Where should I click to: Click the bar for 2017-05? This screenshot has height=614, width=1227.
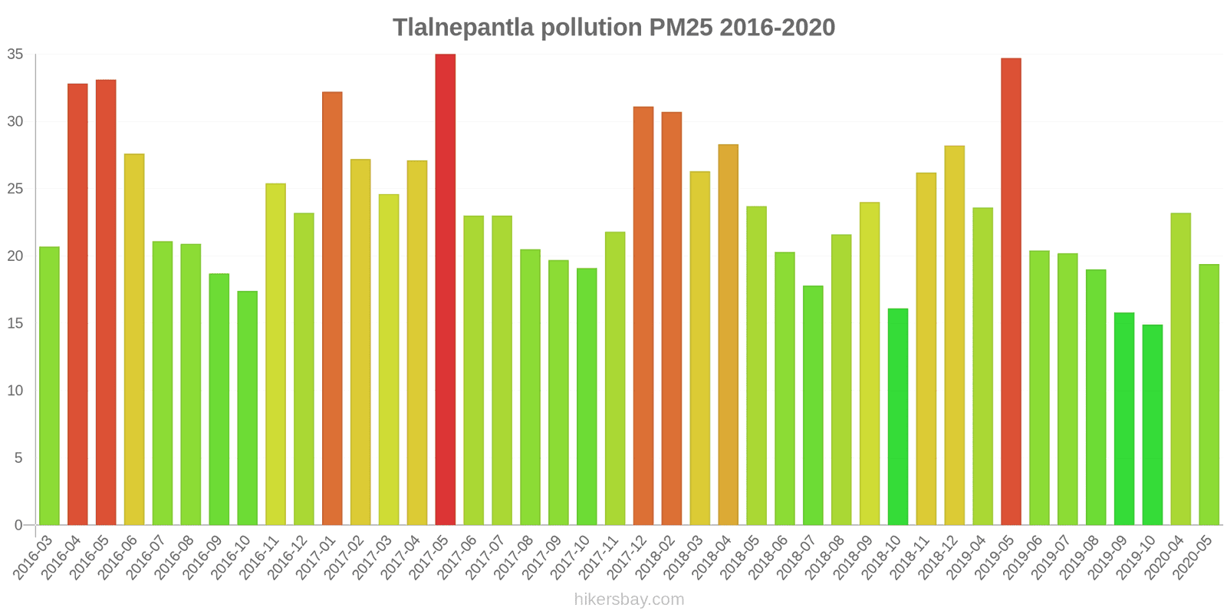click(445, 289)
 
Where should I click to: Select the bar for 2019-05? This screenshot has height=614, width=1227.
click(1011, 292)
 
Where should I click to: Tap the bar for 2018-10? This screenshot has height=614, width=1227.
click(898, 417)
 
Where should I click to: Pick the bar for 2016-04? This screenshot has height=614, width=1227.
click(77, 304)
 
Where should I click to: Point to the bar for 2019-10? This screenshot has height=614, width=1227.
click(1153, 424)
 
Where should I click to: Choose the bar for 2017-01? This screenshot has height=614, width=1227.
click(332, 309)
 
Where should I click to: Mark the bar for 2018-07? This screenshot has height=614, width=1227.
click(813, 405)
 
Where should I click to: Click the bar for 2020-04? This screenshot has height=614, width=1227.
click(1181, 369)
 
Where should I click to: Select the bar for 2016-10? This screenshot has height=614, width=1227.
click(247, 408)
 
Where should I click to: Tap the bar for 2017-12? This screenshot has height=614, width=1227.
click(643, 315)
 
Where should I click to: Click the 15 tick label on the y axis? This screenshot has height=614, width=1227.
click(15, 323)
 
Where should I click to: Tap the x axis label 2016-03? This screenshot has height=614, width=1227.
click(35, 556)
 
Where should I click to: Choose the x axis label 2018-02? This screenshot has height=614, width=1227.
click(656, 556)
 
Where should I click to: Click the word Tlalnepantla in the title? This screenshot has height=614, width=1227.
click(463, 28)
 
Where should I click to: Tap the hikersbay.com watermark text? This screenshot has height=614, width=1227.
click(629, 599)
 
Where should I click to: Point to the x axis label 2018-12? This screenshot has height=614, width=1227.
click(939, 556)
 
